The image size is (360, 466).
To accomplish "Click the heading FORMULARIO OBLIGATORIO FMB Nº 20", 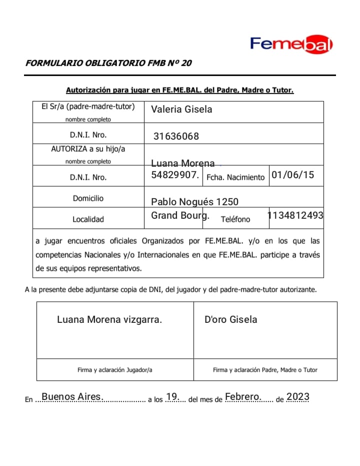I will click(108, 63).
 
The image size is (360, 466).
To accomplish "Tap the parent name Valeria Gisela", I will click(181, 109).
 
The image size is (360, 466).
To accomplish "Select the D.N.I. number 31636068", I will click(176, 136).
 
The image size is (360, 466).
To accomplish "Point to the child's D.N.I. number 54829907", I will click(175, 175).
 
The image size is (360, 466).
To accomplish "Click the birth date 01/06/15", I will click(293, 175).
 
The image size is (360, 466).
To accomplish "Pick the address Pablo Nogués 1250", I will click(194, 202).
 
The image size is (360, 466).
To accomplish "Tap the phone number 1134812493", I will click(295, 215).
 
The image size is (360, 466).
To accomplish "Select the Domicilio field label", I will click(88, 198).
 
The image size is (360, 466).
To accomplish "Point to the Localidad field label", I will click(88, 219).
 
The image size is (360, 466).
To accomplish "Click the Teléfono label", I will click(235, 219).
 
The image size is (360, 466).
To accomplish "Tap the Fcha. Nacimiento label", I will click(235, 177).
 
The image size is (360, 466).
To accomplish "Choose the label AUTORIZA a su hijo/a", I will click(88, 149).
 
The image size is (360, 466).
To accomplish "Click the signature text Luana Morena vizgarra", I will click(109, 319).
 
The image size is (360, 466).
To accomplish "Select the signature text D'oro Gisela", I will click(230, 319).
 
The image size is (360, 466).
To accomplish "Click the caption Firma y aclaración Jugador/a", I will click(115, 370).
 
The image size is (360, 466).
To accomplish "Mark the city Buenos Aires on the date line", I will click(72, 397).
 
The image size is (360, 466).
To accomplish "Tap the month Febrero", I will click(243, 397).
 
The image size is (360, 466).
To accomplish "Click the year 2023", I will click(298, 397).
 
